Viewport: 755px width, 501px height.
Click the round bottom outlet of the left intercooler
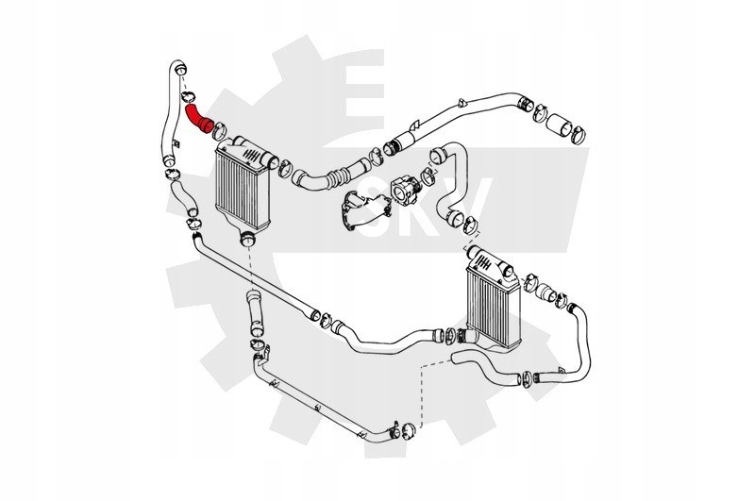(248, 239)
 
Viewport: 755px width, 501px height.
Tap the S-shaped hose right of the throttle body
(450, 179)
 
